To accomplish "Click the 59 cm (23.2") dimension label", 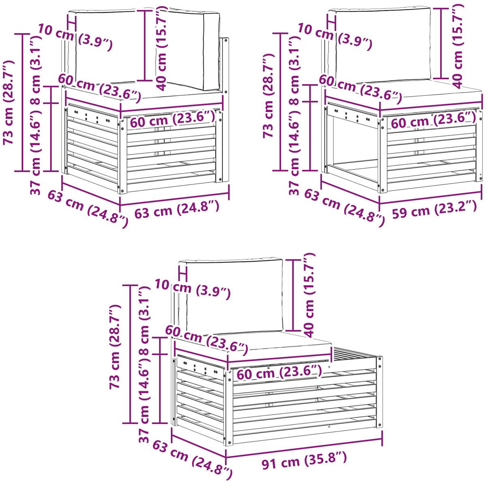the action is [434, 209].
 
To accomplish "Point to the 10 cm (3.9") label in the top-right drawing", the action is [335, 36].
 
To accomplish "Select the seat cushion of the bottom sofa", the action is [252, 344].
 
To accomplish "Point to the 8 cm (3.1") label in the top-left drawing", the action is [36, 70].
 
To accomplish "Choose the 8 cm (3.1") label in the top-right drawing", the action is [294, 70].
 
